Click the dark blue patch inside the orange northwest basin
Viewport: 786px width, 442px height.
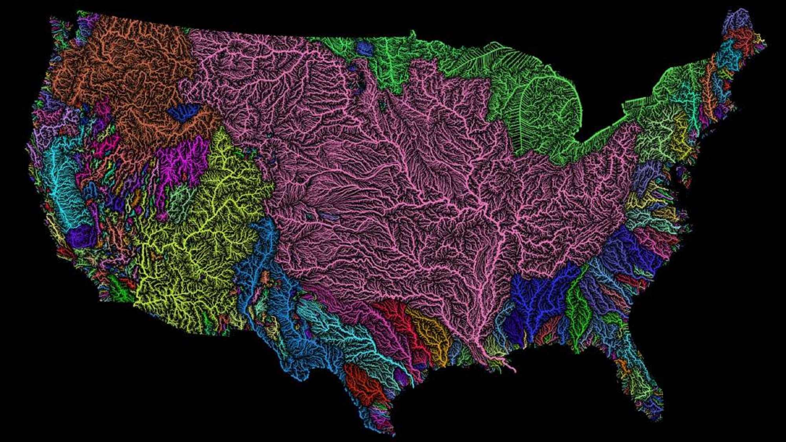183,112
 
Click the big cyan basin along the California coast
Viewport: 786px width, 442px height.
63,185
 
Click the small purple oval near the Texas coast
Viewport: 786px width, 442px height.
402,375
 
